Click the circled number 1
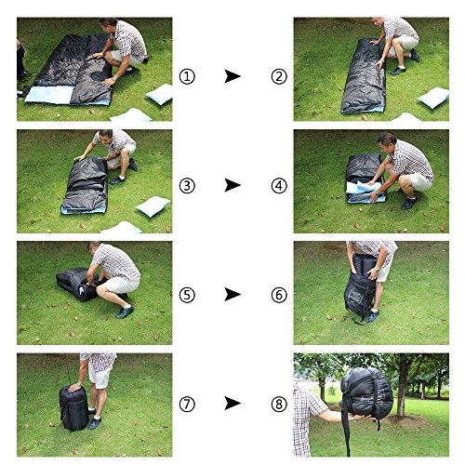pyautogui.click(x=187, y=76)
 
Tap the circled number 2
pyautogui.click(x=279, y=76)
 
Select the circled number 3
pyautogui.click(x=187, y=186)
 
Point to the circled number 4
pyautogui.click(x=279, y=186)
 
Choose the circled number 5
pyautogui.click(x=187, y=295)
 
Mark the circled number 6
pyautogui.click(x=279, y=295)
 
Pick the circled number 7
pyautogui.click(x=187, y=404)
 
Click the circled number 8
pyautogui.click(x=279, y=404)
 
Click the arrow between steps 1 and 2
pyautogui.click(x=232, y=76)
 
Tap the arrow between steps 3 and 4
pyautogui.click(x=232, y=185)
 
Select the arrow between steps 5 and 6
pyautogui.click(x=232, y=294)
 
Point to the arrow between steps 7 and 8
pyautogui.click(x=232, y=404)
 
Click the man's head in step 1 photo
pyautogui.click(x=109, y=25)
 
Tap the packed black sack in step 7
pyautogui.click(x=73, y=408)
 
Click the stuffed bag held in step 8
pyautogui.click(x=366, y=393)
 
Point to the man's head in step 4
pyautogui.click(x=386, y=143)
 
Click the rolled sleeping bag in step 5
pyautogui.click(x=77, y=284)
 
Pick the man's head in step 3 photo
pyautogui.click(x=105, y=137)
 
